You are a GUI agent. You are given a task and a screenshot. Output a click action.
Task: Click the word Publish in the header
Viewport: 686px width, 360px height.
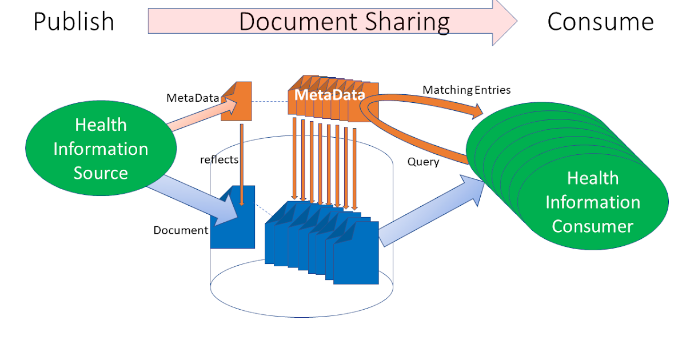click(x=74, y=22)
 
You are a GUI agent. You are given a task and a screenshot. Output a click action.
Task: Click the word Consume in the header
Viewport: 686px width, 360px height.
click(x=600, y=22)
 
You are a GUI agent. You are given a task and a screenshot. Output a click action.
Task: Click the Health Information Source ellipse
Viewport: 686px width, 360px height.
click(x=100, y=149)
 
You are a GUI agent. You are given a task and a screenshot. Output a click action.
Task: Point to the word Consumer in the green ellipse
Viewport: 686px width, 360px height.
click(x=593, y=226)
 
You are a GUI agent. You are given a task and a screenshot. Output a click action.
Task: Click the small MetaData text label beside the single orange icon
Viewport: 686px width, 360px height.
click(x=192, y=98)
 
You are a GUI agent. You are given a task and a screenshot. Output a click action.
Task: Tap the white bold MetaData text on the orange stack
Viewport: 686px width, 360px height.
click(x=329, y=95)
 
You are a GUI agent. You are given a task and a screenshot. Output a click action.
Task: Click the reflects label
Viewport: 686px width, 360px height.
click(x=218, y=160)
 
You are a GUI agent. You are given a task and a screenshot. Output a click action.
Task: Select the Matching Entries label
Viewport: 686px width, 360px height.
click(x=466, y=90)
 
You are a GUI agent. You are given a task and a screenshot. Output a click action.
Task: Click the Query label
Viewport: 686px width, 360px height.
click(x=423, y=162)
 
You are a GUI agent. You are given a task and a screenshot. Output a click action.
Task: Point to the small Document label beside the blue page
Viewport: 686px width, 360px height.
click(x=181, y=230)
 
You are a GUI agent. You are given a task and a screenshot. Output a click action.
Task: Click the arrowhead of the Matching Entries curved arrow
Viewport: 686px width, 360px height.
click(x=476, y=113)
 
